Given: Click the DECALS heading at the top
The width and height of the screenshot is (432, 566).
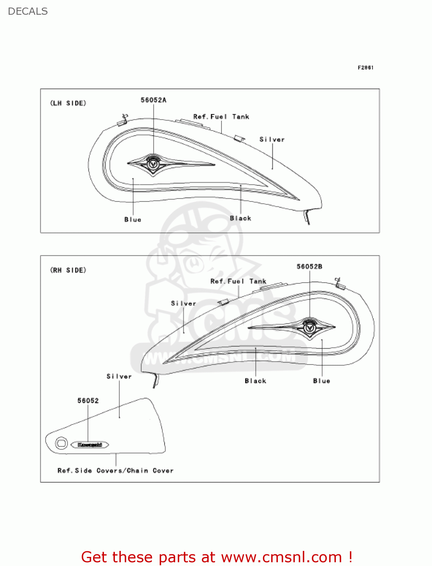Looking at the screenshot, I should pyautogui.click(x=28, y=11).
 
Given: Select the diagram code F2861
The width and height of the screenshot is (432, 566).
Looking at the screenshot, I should pyautogui.click(x=365, y=68).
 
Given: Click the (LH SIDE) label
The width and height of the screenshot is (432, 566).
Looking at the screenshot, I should pyautogui.click(x=68, y=103).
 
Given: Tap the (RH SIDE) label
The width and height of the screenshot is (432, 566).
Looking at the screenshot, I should pyautogui.click(x=68, y=270).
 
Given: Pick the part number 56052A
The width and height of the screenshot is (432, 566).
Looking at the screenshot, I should pyautogui.click(x=153, y=100).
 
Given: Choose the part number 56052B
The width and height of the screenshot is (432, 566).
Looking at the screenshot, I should pyautogui.click(x=309, y=266).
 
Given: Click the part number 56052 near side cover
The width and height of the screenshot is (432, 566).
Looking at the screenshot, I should pyautogui.click(x=88, y=400).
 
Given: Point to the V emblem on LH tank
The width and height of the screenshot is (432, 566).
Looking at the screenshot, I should pyautogui.click(x=153, y=164).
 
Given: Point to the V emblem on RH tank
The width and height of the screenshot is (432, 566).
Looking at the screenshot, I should pyautogui.click(x=309, y=328).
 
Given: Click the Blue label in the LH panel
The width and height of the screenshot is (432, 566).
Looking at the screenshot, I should pyautogui.click(x=133, y=220).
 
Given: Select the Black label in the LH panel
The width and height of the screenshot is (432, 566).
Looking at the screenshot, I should pyautogui.click(x=240, y=218).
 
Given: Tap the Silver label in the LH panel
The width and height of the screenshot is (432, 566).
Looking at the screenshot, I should pyautogui.click(x=272, y=139).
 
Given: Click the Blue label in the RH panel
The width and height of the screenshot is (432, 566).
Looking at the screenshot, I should pyautogui.click(x=321, y=381).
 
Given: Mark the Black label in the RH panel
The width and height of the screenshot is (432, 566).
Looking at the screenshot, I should pyautogui.click(x=255, y=381).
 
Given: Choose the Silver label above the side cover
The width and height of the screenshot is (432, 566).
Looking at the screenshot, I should pyautogui.click(x=119, y=376).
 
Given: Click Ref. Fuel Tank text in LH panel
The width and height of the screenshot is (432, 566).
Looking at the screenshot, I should pyautogui.click(x=221, y=117).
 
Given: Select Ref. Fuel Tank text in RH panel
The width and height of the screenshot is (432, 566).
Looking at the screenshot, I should pyautogui.click(x=238, y=281).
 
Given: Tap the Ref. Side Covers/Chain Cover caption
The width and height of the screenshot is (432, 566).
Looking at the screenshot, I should pyautogui.click(x=115, y=471).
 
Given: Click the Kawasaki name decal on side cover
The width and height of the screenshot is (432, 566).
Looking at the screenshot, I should pyautogui.click(x=90, y=444).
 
